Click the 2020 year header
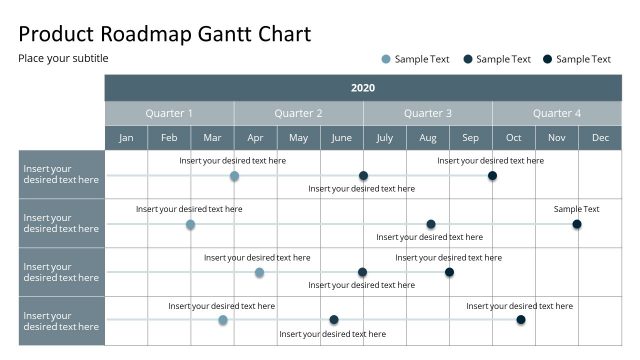[363, 88]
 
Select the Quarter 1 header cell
[169, 113]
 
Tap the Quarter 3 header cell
[427, 113]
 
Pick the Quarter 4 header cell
[557, 113]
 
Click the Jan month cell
[126, 138]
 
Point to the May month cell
[298, 138]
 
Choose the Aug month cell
[427, 138]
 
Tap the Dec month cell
[600, 138]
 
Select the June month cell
[341, 138]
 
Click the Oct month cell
[513, 138]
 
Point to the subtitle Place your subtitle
[63, 58]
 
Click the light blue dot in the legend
[386, 59]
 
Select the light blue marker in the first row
[234, 176]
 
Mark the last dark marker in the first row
[492, 176]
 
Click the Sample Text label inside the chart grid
[577, 209]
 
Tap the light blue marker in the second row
[190, 225]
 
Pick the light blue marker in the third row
[259, 272]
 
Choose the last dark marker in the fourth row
[521, 320]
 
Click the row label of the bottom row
[61, 321]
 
